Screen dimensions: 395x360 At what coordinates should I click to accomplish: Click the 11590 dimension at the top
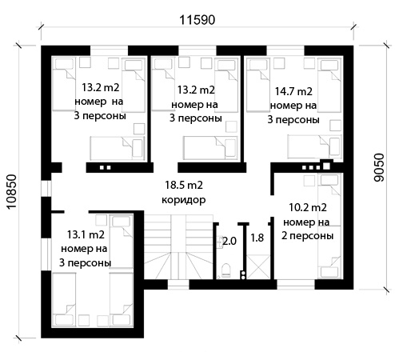(197, 20)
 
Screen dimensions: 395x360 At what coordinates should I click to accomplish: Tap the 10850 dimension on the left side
(12, 192)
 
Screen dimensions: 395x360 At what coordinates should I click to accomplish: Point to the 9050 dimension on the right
(379, 168)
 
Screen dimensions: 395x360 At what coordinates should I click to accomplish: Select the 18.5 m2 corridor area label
(184, 185)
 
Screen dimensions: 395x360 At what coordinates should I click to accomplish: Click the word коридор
(184, 200)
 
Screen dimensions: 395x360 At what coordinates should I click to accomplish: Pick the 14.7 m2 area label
(293, 92)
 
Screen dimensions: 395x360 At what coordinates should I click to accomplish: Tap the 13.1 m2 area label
(86, 235)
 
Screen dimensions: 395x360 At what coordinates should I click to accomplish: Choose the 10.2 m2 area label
(308, 207)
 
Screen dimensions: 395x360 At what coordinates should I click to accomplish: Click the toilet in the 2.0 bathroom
(225, 270)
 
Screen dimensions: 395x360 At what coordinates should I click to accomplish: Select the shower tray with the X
(258, 267)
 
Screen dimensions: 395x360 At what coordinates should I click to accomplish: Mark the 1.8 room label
(257, 238)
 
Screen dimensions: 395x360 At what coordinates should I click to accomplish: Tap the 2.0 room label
(229, 241)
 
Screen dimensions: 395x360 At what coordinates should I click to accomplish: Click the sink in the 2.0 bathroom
(220, 242)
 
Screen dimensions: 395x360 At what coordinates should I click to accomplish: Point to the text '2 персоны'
(308, 236)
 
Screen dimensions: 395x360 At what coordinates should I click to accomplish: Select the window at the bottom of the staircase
(178, 285)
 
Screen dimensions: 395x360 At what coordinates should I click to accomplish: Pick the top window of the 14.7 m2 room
(285, 50)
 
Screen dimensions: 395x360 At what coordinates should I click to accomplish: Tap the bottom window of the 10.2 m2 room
(296, 285)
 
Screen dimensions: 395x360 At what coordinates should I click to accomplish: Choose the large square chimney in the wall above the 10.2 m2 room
(326, 166)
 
